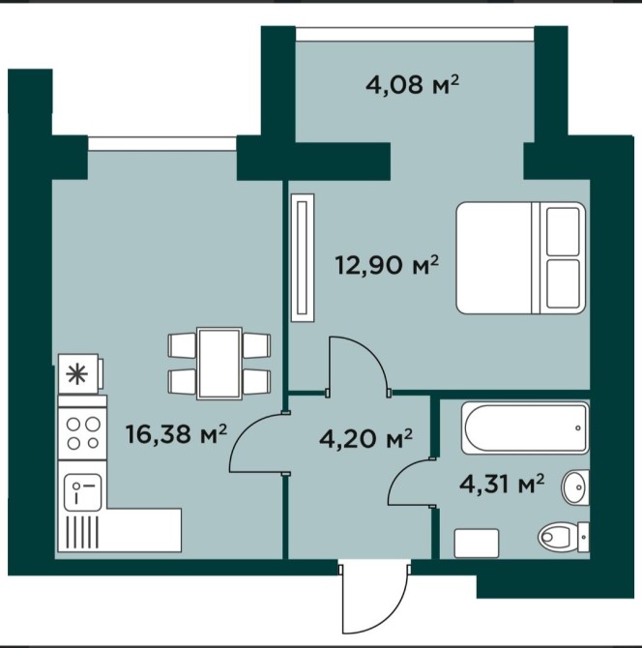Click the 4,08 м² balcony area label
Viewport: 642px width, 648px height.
pyautogui.click(x=412, y=86)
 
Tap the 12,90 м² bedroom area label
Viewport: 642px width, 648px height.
pyautogui.click(x=387, y=265)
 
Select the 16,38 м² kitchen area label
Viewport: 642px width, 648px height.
pyautogui.click(x=176, y=434)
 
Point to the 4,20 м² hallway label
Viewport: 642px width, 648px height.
pyautogui.click(x=365, y=438)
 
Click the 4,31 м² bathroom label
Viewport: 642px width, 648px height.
pyautogui.click(x=502, y=484)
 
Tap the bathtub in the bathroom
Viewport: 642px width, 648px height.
pyautogui.click(x=525, y=427)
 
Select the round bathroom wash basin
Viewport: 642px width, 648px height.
pyautogui.click(x=574, y=486)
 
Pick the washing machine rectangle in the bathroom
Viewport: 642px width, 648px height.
pyautogui.click(x=477, y=543)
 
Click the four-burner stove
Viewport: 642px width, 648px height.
pyautogui.click(x=82, y=432)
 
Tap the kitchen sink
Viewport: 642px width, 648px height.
pyautogui.click(x=82, y=491)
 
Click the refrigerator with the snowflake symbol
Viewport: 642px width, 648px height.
pyautogui.click(x=80, y=374)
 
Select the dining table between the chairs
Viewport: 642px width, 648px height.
pyautogui.click(x=219, y=364)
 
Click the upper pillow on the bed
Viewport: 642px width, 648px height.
pyautogui.click(x=563, y=231)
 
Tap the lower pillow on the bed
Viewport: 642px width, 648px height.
pyautogui.click(x=563, y=284)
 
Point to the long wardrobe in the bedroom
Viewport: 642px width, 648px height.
pyautogui.click(x=303, y=257)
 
